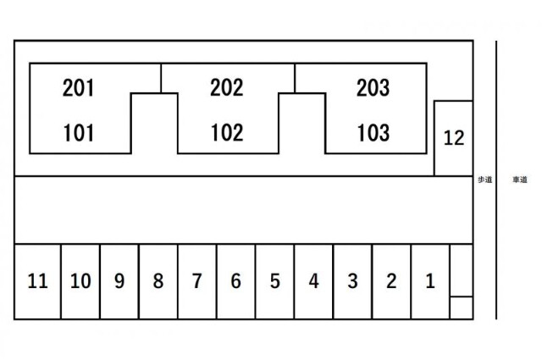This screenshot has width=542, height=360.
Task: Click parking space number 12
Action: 453,138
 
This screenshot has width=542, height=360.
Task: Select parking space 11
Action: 37,281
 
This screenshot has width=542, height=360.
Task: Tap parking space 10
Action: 80,281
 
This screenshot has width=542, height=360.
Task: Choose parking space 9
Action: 119,281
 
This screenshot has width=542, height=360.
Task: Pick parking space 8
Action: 158,281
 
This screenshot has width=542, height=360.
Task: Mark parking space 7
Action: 197,281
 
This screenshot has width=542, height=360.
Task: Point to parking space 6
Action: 236,281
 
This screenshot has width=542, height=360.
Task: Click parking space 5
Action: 275,281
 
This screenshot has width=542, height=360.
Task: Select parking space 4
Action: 314,281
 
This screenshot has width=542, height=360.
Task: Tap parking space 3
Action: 353,281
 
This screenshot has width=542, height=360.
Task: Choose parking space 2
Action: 391,281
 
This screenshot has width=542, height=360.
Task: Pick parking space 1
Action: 430,281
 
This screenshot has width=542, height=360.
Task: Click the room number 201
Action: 79,88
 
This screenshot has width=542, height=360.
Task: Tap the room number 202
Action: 227,88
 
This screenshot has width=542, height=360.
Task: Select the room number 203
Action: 373,88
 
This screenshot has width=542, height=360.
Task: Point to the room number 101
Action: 79,133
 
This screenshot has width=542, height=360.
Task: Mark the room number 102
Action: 227,132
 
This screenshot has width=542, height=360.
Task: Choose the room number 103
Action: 373,133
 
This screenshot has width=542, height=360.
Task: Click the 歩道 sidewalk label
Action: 485,180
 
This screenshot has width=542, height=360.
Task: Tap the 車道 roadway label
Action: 520,180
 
